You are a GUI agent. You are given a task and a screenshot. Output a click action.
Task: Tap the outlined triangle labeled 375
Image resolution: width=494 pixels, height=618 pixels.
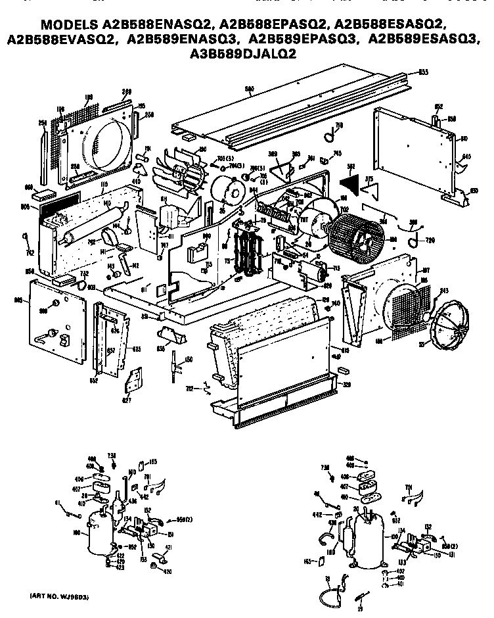point(370,189)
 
